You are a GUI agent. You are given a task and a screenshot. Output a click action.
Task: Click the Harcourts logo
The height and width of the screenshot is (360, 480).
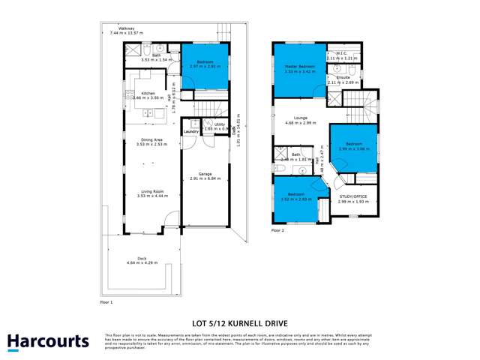[48, 342]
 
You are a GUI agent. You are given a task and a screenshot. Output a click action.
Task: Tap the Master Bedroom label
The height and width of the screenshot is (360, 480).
[300, 67]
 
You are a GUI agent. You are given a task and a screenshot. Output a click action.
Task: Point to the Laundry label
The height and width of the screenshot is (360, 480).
[191, 131]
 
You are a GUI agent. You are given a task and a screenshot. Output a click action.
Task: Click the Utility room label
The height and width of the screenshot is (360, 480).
[219, 124]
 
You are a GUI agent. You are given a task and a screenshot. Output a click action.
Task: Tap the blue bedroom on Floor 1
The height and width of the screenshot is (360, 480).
[202, 65]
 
